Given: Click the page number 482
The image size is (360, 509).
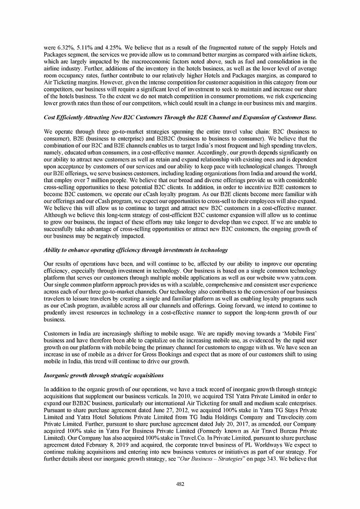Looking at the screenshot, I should (x=180, y=484).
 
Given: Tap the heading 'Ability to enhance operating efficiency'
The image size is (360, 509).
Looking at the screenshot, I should (x=136, y=250).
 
